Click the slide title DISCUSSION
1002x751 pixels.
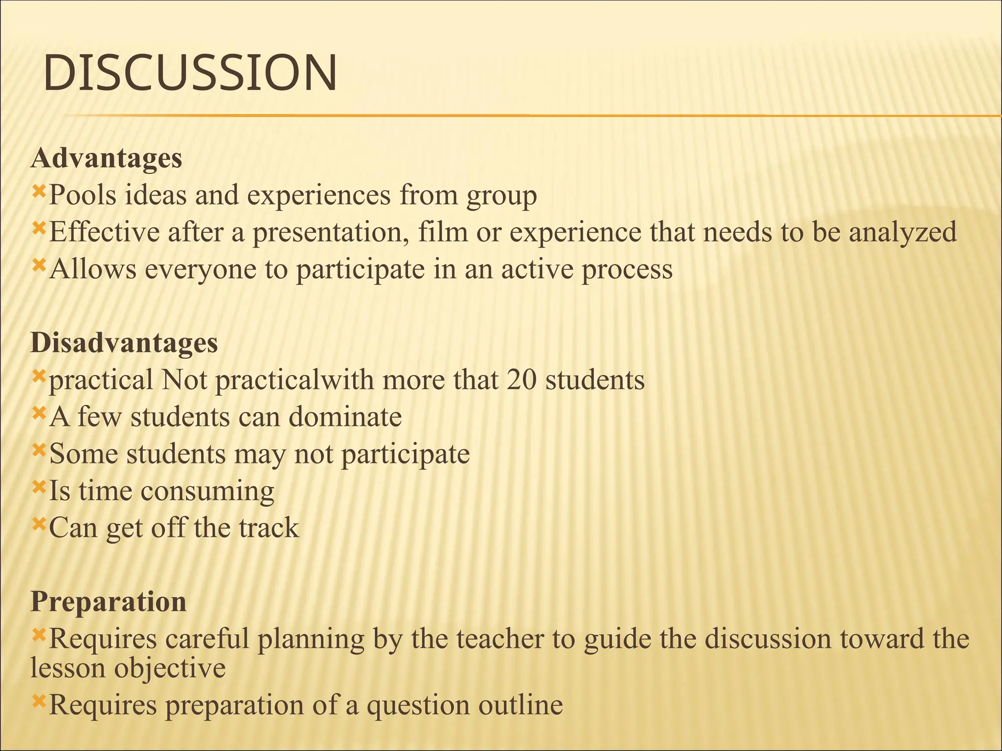tap(190, 73)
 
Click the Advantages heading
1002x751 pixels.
tap(106, 158)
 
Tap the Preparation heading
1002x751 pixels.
tap(109, 601)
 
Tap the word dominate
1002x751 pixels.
tap(345, 417)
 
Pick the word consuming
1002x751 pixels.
tap(207, 491)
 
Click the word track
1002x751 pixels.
tap(269, 528)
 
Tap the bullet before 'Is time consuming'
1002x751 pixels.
tap(39, 486)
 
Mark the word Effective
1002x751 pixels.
tap(104, 232)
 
